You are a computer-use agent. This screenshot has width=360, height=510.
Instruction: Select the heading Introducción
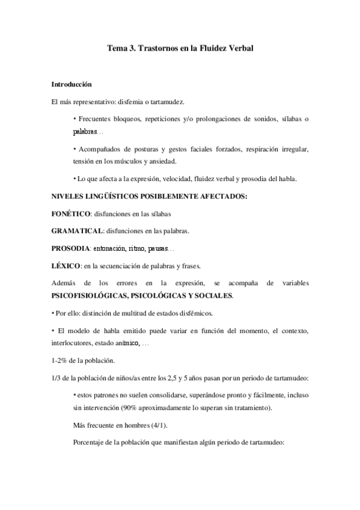pos(72,84)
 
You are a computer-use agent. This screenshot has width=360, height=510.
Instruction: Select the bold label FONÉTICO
pos(71,213)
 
